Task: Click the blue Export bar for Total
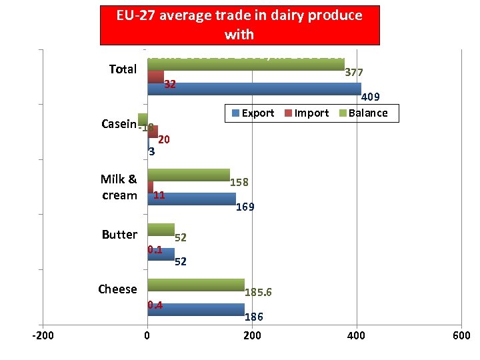[254, 89]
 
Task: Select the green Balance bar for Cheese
[196, 285]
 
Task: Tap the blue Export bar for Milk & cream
[191, 199]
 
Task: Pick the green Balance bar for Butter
[161, 229]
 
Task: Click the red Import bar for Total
[155, 77]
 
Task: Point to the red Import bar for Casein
[153, 131]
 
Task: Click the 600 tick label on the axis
[461, 335]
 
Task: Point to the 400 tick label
[357, 335]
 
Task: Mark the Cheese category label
[117, 289]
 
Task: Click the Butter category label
[119, 235]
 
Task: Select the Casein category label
[119, 124]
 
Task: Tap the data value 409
[370, 98]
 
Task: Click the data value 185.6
[258, 293]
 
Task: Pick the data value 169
[245, 207]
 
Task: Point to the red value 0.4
[155, 305]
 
